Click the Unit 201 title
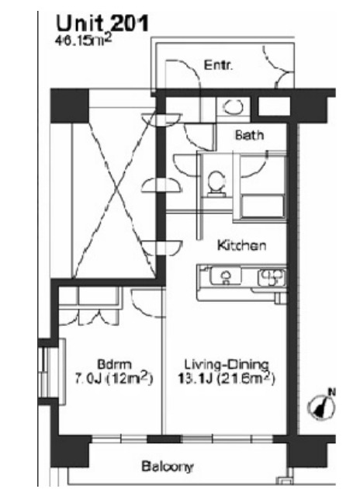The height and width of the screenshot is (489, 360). pyautogui.click(x=102, y=24)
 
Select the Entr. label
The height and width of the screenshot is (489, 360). pyautogui.click(x=218, y=65)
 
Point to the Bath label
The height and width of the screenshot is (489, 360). pyautogui.click(x=249, y=135)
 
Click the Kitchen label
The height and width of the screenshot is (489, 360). pyautogui.click(x=241, y=245)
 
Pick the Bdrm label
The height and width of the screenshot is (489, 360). pyautogui.click(x=114, y=364)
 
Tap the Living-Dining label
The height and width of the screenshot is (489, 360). pyautogui.click(x=227, y=364)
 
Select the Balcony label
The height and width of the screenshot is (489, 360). pyautogui.click(x=168, y=466)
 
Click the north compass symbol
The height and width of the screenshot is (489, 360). pyautogui.click(x=322, y=404)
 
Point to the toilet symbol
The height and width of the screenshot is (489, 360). pyautogui.click(x=216, y=183)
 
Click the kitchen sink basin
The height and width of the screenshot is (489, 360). pyautogui.click(x=226, y=276)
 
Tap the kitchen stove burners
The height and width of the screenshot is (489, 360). pyautogui.click(x=272, y=278)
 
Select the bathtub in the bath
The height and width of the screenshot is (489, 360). pyautogui.click(x=263, y=206)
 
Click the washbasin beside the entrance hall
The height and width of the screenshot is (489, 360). pyautogui.click(x=233, y=107)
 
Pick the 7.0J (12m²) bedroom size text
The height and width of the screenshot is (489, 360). pyautogui.click(x=114, y=379)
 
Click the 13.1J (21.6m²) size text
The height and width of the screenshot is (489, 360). pyautogui.click(x=227, y=379)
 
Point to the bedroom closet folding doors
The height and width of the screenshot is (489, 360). pyautogui.click(x=88, y=317)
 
